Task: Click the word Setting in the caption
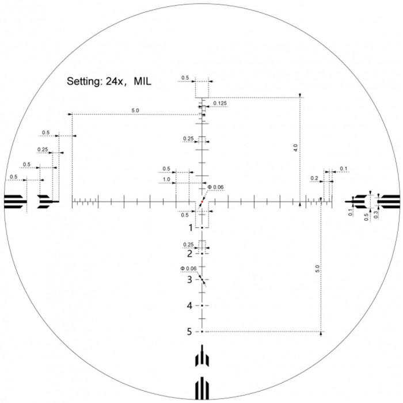(x=85, y=82)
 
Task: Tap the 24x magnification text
(x=120, y=82)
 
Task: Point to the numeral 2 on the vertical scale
(x=190, y=253)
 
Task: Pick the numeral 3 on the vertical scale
(x=190, y=280)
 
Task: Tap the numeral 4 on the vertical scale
(x=190, y=306)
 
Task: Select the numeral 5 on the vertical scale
(x=190, y=332)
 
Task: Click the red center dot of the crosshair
(x=202, y=202)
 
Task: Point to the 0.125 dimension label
(x=219, y=104)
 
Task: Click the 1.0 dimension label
(x=166, y=180)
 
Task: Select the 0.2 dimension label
(x=314, y=179)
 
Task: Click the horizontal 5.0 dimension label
(x=135, y=110)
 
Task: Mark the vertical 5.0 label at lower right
(x=317, y=269)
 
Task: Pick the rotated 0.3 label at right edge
(x=376, y=215)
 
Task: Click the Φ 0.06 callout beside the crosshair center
(x=214, y=187)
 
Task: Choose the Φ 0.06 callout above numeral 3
(x=188, y=269)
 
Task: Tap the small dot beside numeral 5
(x=202, y=332)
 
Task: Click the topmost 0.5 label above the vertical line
(x=185, y=77)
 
